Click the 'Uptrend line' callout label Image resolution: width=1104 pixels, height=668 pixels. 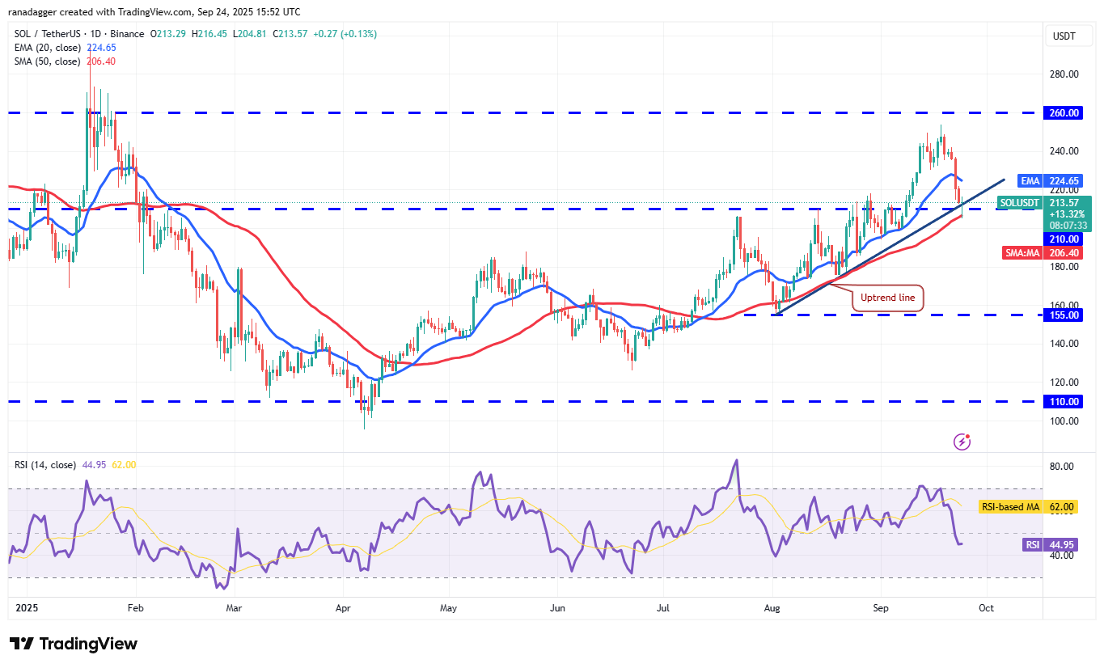887,298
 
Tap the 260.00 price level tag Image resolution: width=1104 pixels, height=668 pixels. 1065,113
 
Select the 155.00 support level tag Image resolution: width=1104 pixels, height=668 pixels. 1065,315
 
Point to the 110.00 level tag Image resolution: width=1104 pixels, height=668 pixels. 1065,401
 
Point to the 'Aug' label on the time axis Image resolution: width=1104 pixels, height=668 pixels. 773,607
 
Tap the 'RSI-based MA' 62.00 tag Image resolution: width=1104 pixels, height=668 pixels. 1039,507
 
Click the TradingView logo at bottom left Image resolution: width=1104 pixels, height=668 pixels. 74,644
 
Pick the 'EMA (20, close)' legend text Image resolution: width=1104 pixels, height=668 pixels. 47,47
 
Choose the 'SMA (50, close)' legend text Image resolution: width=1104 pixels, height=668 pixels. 47,61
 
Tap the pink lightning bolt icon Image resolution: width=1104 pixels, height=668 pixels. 962,442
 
